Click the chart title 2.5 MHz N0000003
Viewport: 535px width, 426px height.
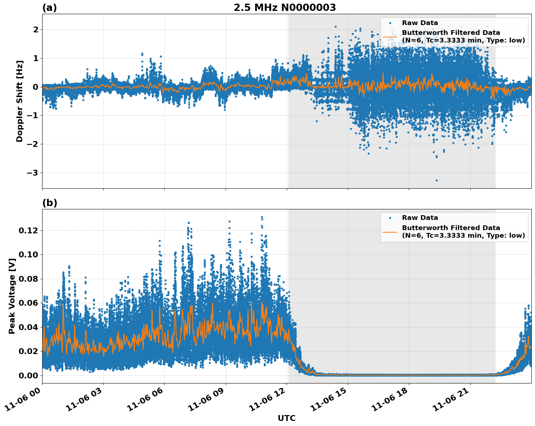point(285,8)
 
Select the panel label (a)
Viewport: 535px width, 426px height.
point(49,8)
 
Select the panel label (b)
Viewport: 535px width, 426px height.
point(49,203)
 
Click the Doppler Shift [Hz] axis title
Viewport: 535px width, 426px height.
point(20,101)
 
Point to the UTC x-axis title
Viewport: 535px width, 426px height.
point(286,418)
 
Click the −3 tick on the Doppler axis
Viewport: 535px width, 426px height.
point(32,173)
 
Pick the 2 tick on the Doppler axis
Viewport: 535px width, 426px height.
point(35,29)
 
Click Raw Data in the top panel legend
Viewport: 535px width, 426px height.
point(420,23)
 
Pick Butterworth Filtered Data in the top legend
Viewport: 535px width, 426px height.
point(451,33)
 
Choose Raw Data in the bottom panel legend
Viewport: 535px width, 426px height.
point(420,218)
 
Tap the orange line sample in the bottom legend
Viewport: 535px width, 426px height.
point(390,232)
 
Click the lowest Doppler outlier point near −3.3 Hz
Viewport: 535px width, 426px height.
point(437,180)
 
